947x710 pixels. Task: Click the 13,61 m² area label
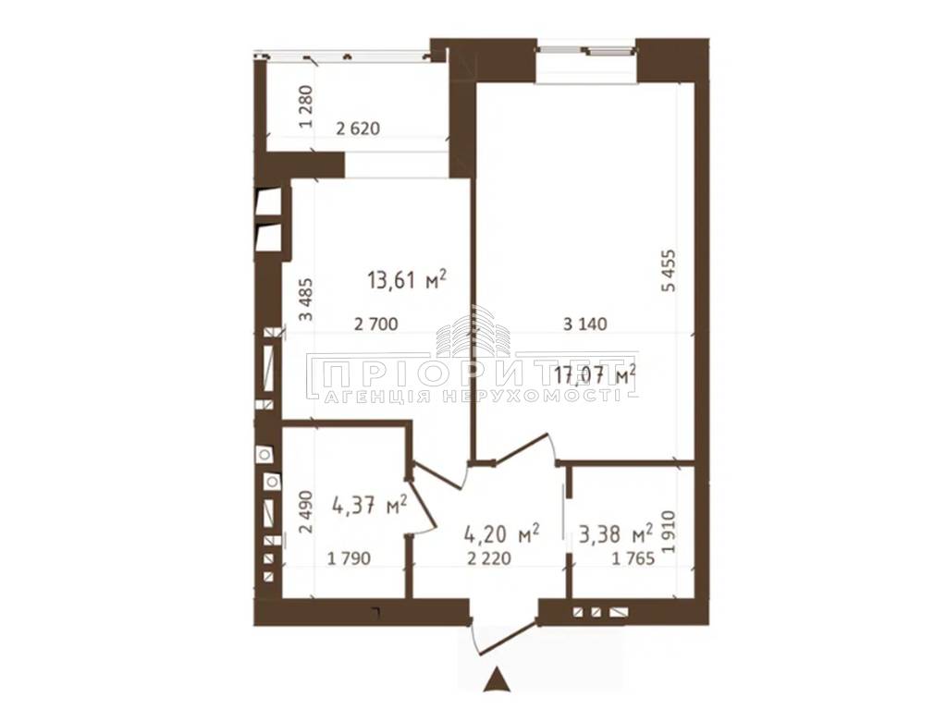tap(407, 280)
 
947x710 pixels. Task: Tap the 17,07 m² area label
tap(595, 376)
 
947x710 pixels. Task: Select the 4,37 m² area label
tap(369, 505)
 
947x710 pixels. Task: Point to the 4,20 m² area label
tap(501, 533)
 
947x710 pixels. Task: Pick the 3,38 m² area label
tap(615, 533)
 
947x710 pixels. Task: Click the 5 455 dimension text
tap(670, 271)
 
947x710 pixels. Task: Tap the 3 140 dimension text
tap(584, 324)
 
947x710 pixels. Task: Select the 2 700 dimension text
tap(375, 324)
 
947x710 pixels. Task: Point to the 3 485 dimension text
tap(307, 299)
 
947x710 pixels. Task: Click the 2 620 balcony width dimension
tap(358, 129)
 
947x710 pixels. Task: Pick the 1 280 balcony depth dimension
tap(307, 107)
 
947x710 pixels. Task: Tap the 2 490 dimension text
tap(307, 511)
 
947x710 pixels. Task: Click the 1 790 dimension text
tap(349, 558)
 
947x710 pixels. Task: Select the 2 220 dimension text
tap(489, 558)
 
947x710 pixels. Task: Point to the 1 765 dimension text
tap(633, 558)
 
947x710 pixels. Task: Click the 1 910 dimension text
tap(670, 532)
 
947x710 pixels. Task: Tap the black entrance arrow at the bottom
tap(498, 679)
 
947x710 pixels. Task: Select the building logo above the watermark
tap(473, 331)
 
